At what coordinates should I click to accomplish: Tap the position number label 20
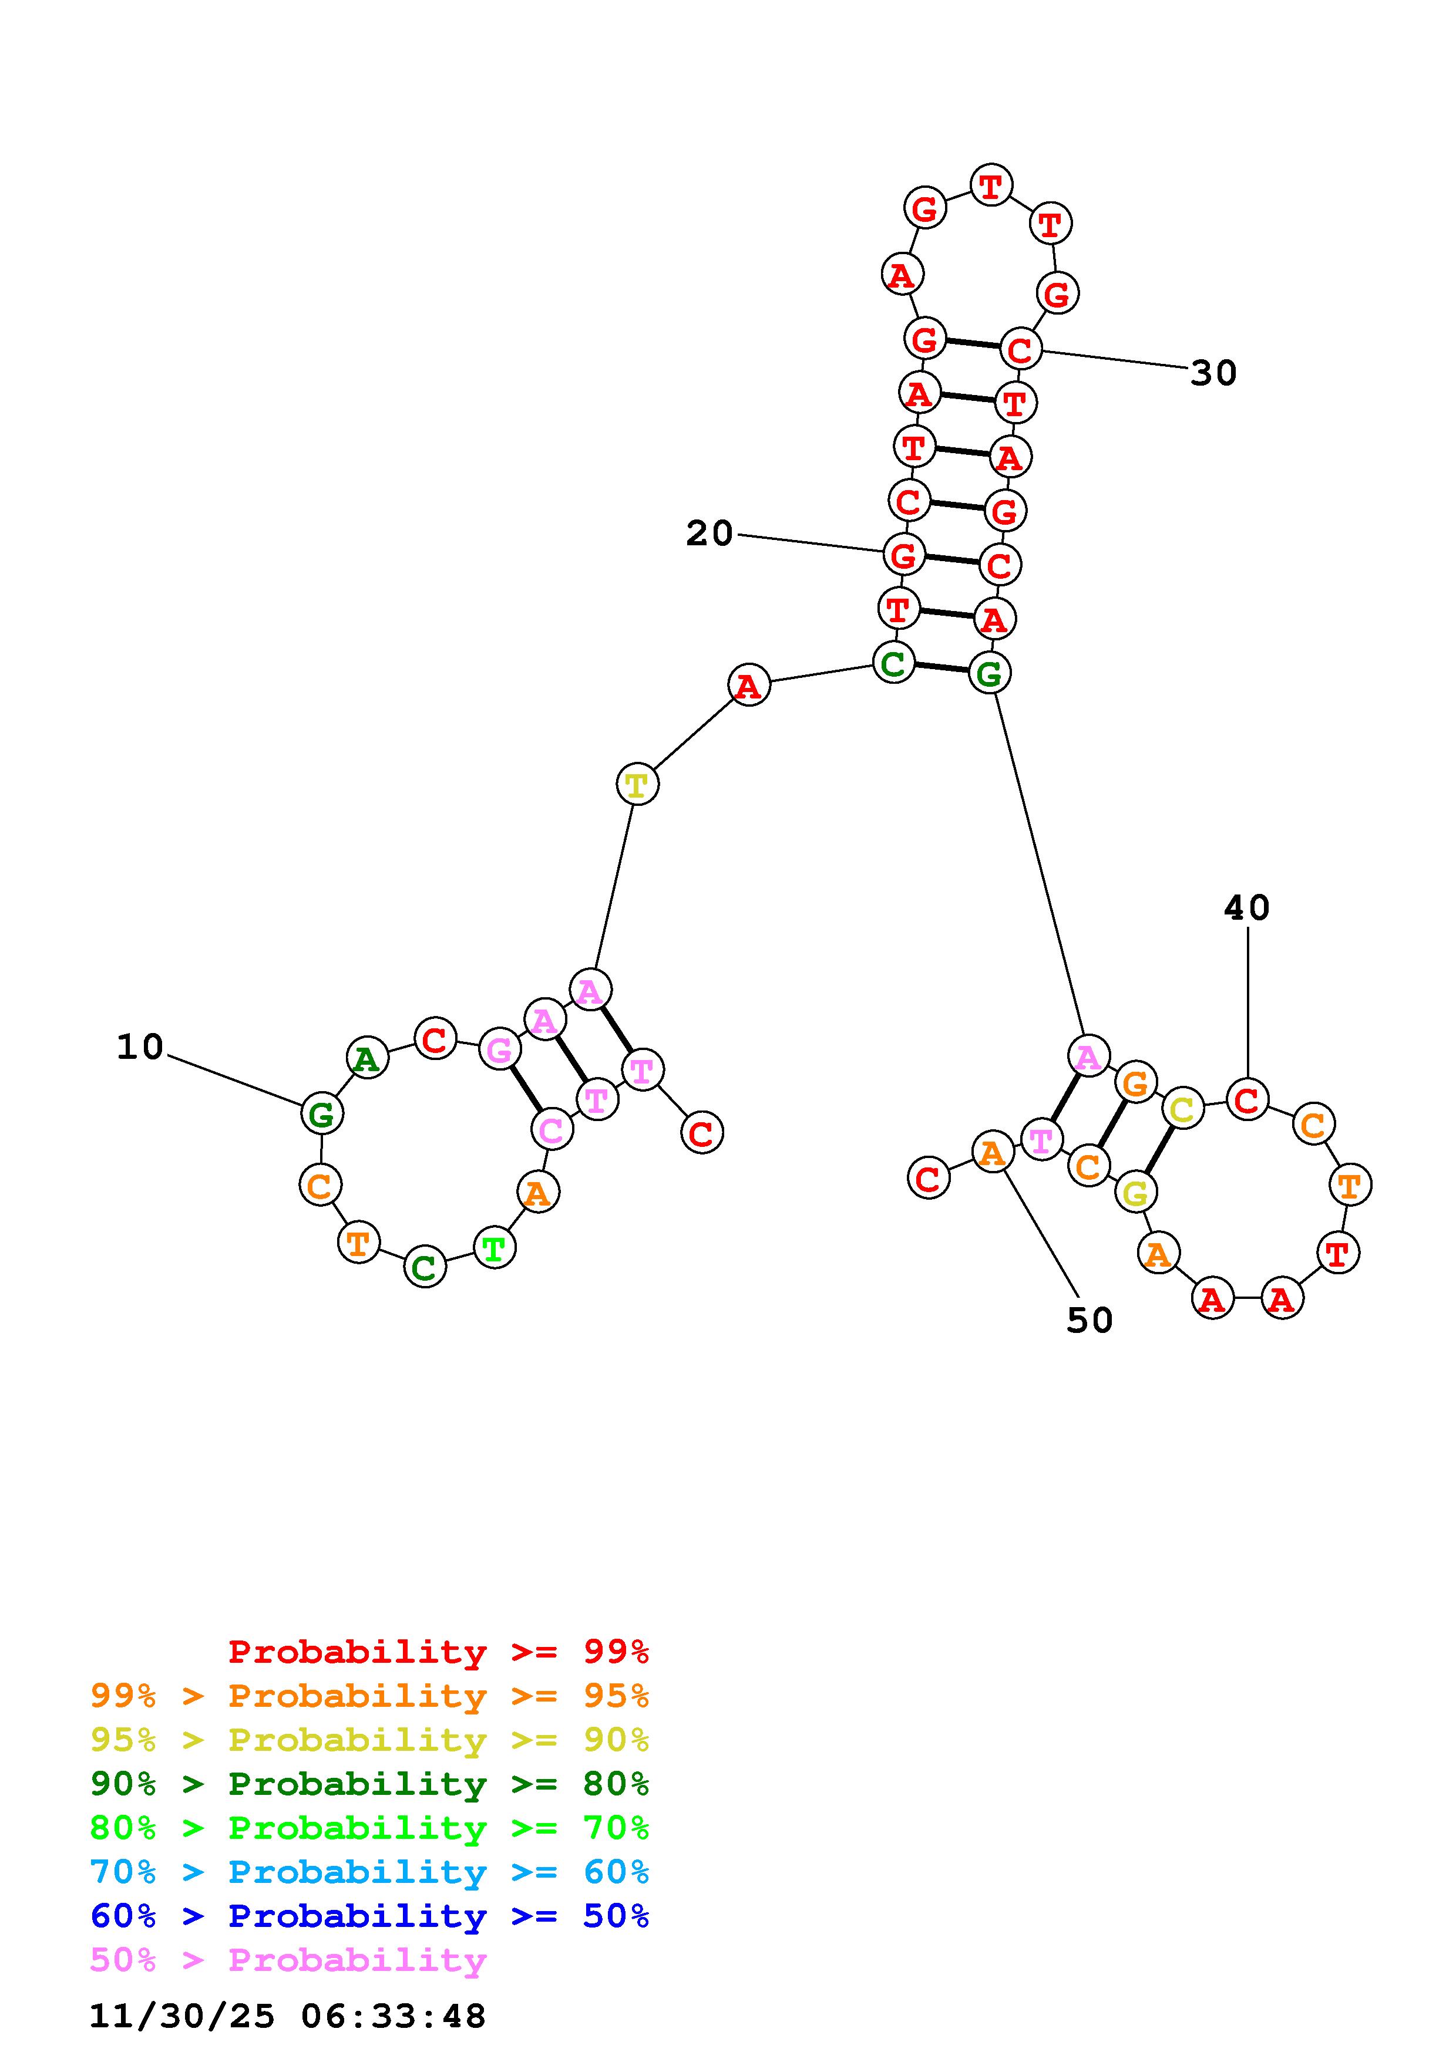[x=709, y=534]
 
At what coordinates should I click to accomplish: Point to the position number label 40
[x=1246, y=909]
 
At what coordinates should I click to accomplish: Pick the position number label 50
[x=1089, y=1320]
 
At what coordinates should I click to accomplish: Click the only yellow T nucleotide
[x=637, y=785]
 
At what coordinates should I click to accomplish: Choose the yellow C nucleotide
[x=1182, y=1109]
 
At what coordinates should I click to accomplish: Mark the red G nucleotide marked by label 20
[x=903, y=555]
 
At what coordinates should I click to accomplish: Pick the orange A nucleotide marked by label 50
[x=992, y=1153]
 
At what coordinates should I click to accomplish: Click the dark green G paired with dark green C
[x=990, y=673]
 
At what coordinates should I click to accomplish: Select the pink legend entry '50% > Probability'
[x=288, y=1960]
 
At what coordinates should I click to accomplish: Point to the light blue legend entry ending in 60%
[x=369, y=1872]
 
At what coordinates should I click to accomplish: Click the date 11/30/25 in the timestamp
[x=182, y=2017]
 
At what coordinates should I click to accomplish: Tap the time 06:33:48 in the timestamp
[x=393, y=2017]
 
